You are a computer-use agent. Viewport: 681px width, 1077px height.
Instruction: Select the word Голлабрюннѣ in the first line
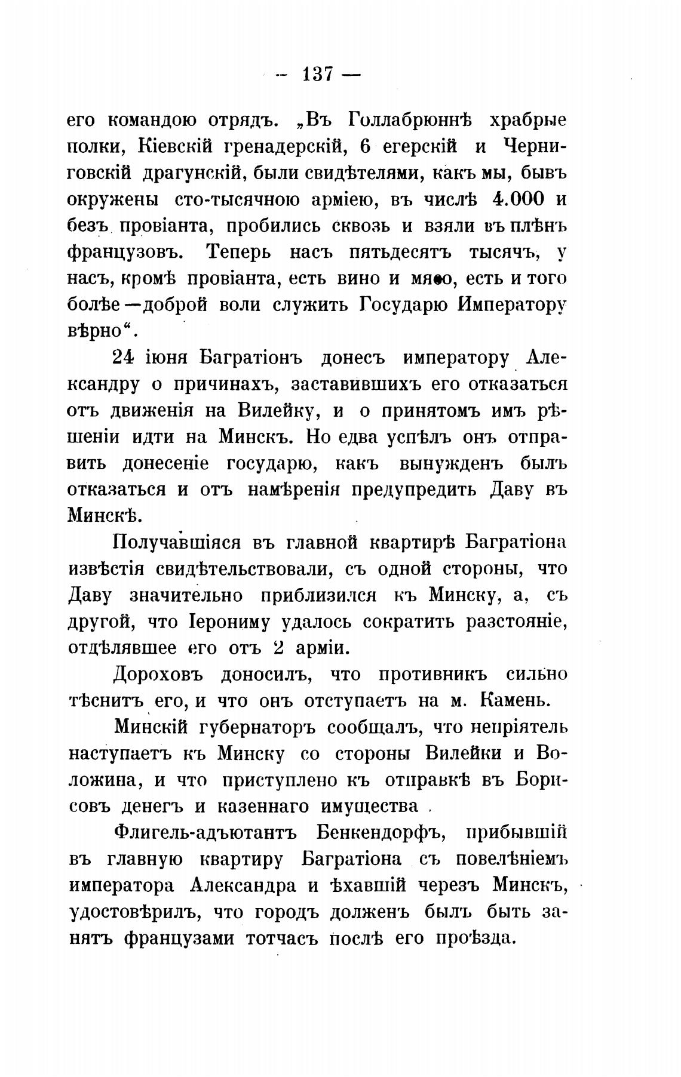click(409, 119)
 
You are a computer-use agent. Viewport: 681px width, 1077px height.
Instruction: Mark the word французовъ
click(125, 253)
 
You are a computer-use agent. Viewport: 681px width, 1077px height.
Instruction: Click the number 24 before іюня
click(124, 358)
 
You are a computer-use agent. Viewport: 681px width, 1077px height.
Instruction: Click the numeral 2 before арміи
click(277, 648)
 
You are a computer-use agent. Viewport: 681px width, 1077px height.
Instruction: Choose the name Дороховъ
click(158, 675)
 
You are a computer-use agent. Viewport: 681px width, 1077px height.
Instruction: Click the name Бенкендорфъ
click(378, 833)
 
